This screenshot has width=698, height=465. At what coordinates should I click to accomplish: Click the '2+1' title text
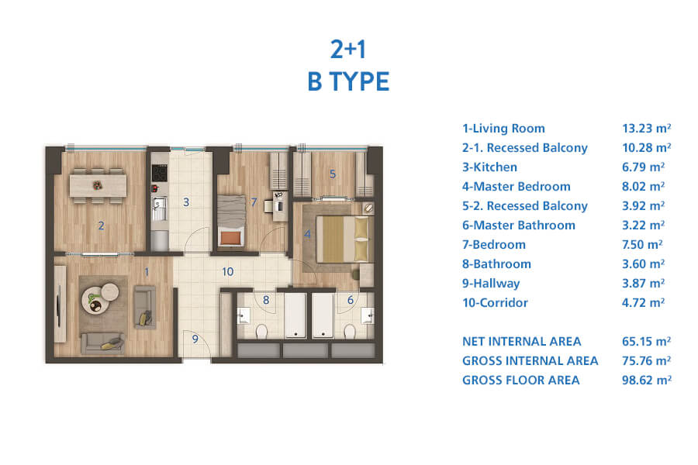pos(348,49)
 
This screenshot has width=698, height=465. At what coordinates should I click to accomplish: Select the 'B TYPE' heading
pos(348,81)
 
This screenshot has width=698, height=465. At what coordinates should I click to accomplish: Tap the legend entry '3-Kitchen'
pos(489,167)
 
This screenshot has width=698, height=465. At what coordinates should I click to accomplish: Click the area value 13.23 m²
pos(646,128)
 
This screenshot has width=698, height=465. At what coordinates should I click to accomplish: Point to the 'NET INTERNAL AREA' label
pos(522,341)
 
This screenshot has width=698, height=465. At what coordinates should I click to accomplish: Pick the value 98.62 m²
pos(646,380)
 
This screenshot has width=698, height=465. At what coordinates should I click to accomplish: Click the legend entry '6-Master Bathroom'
pos(519,226)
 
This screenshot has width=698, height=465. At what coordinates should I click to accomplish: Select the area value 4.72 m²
pos(643,302)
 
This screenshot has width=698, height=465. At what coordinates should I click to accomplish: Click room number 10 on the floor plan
pos(227,271)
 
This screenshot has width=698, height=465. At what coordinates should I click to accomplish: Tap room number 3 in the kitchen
pos(186,202)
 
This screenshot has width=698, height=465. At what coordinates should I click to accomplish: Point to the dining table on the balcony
pos(98,185)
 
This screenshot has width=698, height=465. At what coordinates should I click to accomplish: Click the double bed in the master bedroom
pos(342,239)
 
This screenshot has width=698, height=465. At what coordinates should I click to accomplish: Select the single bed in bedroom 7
pos(231,220)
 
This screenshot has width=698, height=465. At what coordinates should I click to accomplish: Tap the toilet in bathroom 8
pos(261,331)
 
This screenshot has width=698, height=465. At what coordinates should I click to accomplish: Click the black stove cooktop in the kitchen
pos(159,173)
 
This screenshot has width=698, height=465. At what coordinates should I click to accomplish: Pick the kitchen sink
pos(159,208)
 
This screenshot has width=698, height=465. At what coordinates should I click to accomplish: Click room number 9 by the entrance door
pos(195,339)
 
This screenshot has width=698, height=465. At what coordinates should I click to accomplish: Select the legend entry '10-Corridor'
pos(495,302)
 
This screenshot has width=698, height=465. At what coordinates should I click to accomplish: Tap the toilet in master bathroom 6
pos(350,331)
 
